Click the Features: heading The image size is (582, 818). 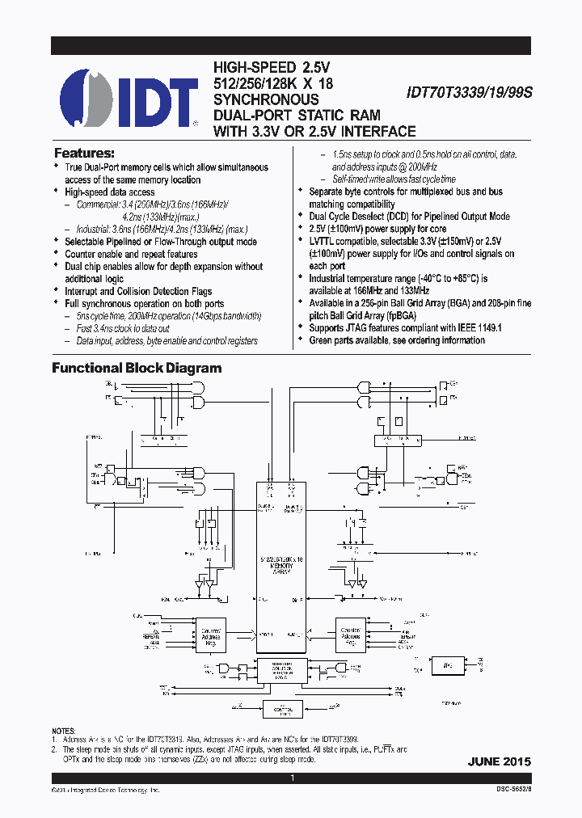pos(84,153)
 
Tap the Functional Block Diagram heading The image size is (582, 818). pos(137,368)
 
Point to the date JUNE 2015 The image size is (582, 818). pos(499,761)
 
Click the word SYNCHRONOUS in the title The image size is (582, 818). pos(266,99)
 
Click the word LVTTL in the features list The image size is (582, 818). pos(324,241)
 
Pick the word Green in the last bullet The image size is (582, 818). pos(323,340)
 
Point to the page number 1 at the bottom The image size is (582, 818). pos(292,778)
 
